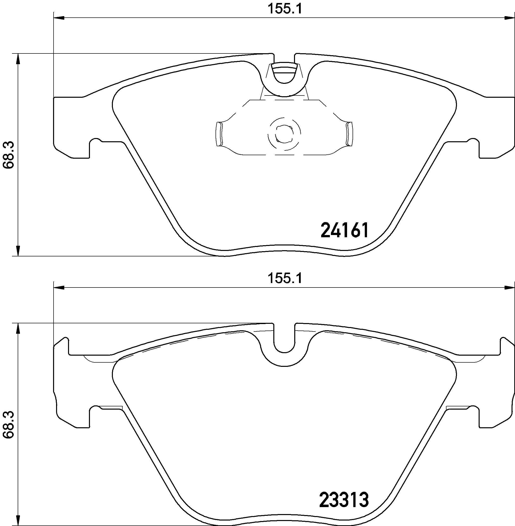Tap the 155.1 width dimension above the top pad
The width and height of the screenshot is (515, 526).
click(x=284, y=9)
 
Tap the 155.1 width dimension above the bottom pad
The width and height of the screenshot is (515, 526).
click(x=284, y=278)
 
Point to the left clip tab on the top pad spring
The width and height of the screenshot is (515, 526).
click(x=219, y=134)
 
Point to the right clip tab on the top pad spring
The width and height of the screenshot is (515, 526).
click(x=350, y=134)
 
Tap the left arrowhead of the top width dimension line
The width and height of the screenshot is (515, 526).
click(x=59, y=18)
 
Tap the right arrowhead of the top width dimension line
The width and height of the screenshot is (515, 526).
click(x=510, y=18)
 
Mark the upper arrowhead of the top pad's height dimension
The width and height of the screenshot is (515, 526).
click(x=18, y=59)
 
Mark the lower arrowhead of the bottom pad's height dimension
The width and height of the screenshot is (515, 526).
click(x=18, y=520)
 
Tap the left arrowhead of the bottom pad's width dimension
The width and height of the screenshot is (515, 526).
click(x=59, y=288)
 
